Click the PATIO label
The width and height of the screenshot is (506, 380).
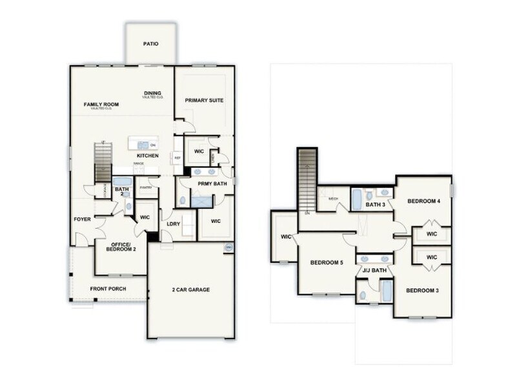point(150,44)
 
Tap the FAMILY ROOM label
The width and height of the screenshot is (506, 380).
point(101,105)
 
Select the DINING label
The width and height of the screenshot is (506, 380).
point(152,93)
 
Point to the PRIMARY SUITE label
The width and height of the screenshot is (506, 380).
point(204,100)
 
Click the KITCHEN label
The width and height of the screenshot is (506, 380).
point(148,156)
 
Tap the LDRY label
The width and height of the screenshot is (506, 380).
point(173,224)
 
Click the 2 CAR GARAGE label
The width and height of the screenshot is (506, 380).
point(190,290)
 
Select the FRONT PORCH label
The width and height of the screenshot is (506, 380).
point(108,288)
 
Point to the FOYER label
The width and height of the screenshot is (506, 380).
point(83,219)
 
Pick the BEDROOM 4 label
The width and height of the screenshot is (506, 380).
point(424,202)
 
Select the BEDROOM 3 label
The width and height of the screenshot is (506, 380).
point(422,290)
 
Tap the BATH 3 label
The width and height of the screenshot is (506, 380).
point(375,205)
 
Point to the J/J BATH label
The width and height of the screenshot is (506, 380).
point(374,270)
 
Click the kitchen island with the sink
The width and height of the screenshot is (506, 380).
point(142,144)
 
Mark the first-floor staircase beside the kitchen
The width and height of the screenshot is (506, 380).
point(103,163)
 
